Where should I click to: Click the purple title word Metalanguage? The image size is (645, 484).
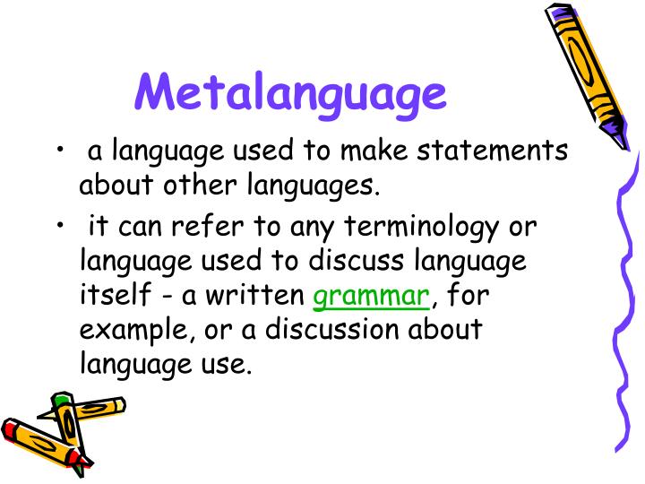click(291, 93)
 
